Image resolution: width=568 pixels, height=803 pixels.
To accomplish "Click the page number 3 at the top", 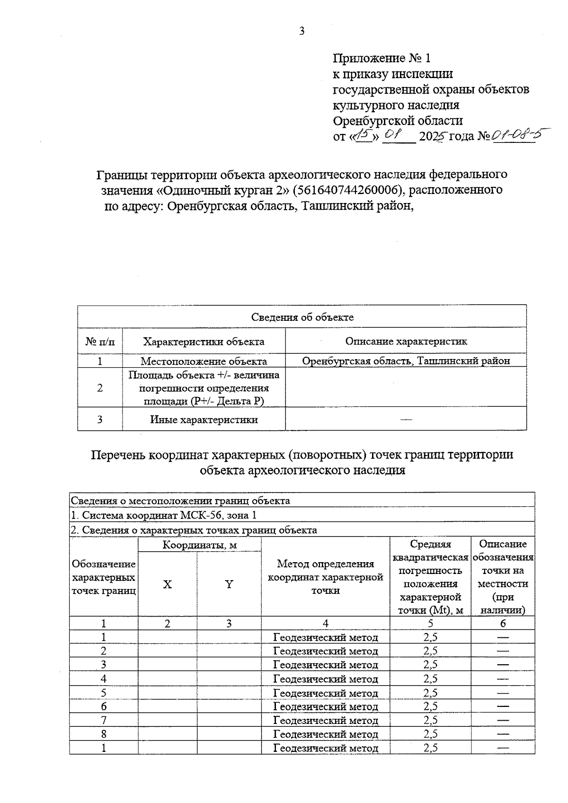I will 302,31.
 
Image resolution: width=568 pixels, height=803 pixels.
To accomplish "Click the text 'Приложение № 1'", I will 382,58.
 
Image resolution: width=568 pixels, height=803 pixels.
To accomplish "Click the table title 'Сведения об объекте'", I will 302,317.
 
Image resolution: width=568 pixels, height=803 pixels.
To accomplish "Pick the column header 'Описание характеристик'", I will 406,341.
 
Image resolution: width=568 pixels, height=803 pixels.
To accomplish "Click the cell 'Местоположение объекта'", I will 204,361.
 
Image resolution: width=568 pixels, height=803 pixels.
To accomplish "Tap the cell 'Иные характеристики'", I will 204,419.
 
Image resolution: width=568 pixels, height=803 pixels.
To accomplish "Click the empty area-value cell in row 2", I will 406,388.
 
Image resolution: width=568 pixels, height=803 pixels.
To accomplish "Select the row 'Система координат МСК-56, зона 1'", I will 163,515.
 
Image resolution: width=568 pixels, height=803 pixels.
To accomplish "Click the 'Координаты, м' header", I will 199,545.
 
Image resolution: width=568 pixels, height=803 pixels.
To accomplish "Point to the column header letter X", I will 168,584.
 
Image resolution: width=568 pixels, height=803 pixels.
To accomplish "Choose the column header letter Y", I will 229,584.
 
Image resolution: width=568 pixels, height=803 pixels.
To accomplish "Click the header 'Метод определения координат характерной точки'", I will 325,577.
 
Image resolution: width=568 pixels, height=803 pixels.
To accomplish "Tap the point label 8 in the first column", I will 104,734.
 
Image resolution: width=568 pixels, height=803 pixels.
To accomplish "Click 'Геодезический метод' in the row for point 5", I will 326,693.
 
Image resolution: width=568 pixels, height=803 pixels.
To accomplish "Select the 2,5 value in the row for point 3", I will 430,664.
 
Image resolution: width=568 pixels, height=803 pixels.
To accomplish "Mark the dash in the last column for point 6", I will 503,706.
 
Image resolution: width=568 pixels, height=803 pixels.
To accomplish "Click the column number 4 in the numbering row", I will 325,623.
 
